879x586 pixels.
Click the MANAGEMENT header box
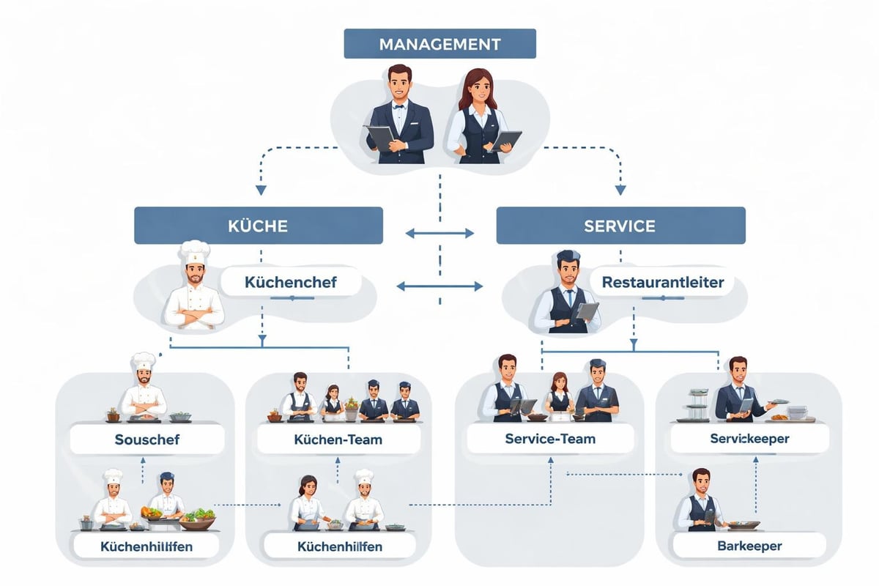pos(439,44)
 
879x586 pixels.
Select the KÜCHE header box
pos(258,225)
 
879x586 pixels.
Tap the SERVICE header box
pos(620,225)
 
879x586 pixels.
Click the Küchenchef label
pos(291,282)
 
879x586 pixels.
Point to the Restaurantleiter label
pos(662,282)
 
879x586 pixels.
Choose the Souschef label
pos(147,439)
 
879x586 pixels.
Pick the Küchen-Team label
pos(338,439)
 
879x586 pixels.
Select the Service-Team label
pos(550,439)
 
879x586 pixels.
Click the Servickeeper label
pos(749,438)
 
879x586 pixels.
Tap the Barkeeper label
pos(749,546)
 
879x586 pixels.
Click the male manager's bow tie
pos(399,105)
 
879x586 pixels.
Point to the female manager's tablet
pos(505,140)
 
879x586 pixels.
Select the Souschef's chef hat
pos(143,361)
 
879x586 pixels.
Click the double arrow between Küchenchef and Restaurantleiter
pos(439,286)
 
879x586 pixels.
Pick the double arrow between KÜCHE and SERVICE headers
pos(439,234)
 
